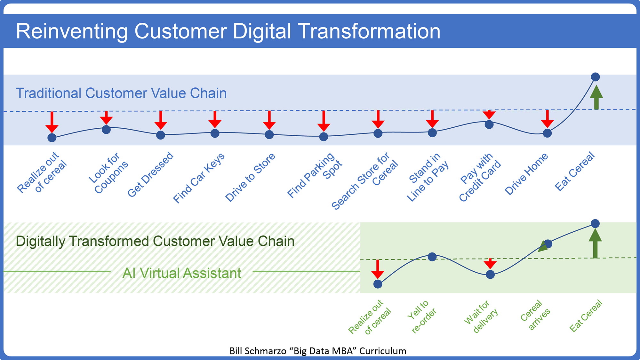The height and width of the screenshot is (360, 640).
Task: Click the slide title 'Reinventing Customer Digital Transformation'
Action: point(228,31)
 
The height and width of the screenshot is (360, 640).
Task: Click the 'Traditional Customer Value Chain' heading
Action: point(121,93)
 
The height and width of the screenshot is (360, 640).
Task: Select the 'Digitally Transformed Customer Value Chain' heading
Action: point(155,241)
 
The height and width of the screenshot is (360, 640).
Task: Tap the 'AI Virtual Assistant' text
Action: point(182,273)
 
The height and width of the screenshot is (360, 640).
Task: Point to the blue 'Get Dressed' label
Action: point(150,174)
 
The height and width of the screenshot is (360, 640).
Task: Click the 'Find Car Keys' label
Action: point(199,178)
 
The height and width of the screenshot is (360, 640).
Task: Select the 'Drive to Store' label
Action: point(250,177)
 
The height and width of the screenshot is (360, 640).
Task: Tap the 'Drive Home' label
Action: point(526,174)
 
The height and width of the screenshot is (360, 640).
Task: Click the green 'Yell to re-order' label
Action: point(422,316)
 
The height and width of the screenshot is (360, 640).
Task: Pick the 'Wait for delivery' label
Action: point(481,316)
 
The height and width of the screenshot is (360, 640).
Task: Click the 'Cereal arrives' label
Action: point(535,315)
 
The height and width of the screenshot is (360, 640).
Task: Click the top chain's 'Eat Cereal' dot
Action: point(595,77)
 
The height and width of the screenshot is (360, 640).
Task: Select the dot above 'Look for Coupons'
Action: point(106,130)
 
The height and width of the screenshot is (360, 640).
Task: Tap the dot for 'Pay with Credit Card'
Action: point(489,124)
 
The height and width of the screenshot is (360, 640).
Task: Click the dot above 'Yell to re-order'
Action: point(432,257)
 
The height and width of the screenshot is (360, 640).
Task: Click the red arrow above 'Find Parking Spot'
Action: point(324,121)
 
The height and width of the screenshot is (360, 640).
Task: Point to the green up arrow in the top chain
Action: point(596,98)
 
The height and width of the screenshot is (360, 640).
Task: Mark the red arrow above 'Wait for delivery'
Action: point(490,264)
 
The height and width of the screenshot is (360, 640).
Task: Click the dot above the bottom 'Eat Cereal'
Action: point(595,223)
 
